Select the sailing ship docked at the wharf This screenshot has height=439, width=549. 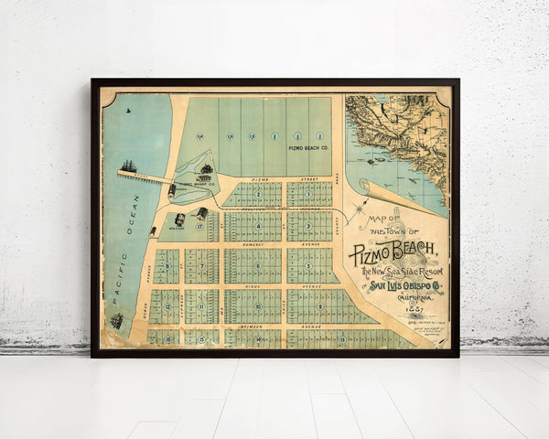pyautogui.click(x=128, y=167)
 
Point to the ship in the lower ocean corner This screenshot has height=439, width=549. pyautogui.click(x=117, y=321)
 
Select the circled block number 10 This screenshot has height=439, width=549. pyautogui.click(x=258, y=305)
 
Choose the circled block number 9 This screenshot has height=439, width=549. pyautogui.click(x=320, y=305)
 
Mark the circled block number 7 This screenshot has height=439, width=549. pyautogui.click(x=200, y=267)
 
